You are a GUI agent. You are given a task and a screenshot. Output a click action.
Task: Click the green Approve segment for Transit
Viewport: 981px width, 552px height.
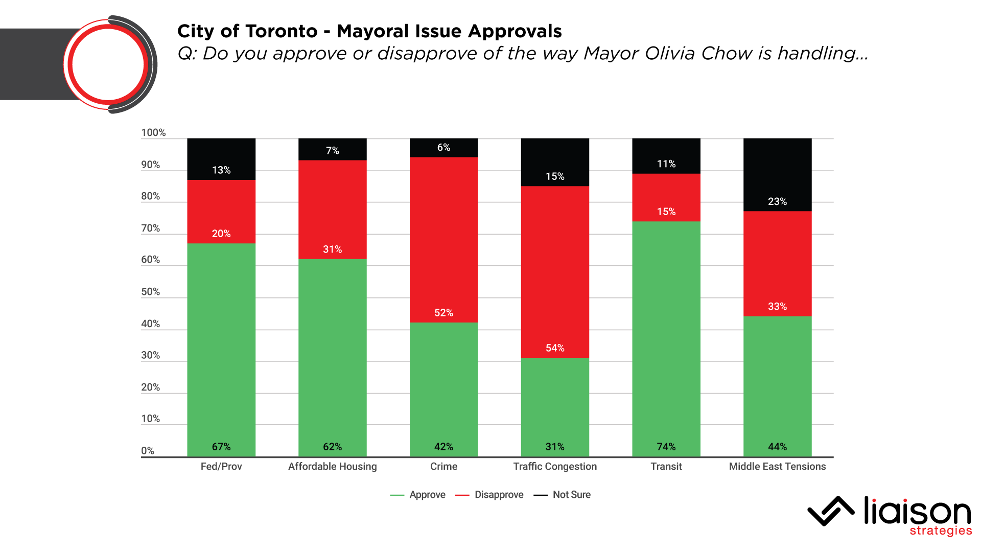click(x=666, y=337)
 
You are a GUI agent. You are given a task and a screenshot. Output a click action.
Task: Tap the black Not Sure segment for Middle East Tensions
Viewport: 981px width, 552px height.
click(x=777, y=174)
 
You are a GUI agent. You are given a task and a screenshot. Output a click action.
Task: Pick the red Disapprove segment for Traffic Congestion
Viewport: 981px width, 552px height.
click(x=555, y=271)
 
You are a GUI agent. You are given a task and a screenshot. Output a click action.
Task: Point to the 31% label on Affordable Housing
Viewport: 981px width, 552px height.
click(x=332, y=249)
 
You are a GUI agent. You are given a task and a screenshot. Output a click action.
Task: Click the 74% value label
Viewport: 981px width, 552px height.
click(x=666, y=447)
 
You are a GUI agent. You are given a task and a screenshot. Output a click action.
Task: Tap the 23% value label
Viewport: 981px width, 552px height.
click(x=777, y=201)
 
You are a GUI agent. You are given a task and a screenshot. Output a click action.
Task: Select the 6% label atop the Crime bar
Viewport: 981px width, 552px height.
click(x=443, y=148)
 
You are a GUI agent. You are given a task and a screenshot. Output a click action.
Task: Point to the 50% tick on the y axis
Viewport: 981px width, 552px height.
click(x=150, y=292)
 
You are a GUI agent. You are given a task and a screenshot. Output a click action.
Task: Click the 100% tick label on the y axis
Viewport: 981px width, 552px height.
click(x=153, y=133)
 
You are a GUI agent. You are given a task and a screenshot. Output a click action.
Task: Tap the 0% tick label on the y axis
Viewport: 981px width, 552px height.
click(x=148, y=451)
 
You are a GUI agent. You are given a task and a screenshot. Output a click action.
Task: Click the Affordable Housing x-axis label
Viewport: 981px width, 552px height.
click(x=332, y=467)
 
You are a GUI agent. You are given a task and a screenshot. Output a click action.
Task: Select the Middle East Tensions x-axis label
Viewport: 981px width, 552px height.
click(x=777, y=467)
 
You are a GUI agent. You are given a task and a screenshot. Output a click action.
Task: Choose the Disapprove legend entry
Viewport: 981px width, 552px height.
click(x=499, y=495)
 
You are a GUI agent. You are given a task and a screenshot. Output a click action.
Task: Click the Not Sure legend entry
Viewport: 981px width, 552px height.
click(x=571, y=495)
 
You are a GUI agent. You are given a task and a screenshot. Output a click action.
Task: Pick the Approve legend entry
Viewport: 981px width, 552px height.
click(x=427, y=495)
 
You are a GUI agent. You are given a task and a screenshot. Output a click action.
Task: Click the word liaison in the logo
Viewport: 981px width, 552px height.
click(x=917, y=511)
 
